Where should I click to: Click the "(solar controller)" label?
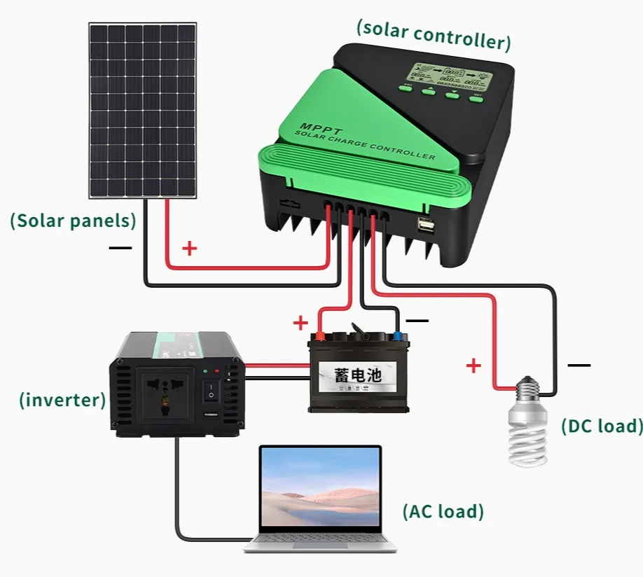(433, 35)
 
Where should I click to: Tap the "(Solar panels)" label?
(73, 221)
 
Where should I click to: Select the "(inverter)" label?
(62, 401)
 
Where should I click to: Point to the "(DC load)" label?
(601, 426)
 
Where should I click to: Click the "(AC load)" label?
(443, 511)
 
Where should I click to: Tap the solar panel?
(143, 111)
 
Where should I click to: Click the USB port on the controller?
(425, 225)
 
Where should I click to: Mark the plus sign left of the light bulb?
(474, 365)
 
